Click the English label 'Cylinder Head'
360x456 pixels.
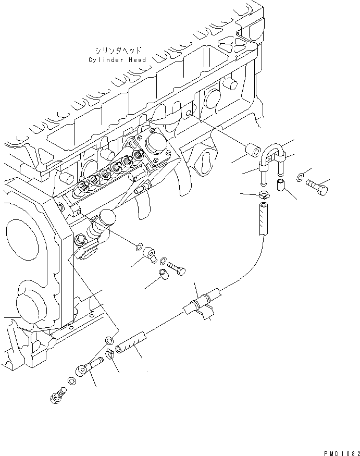(117, 60)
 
